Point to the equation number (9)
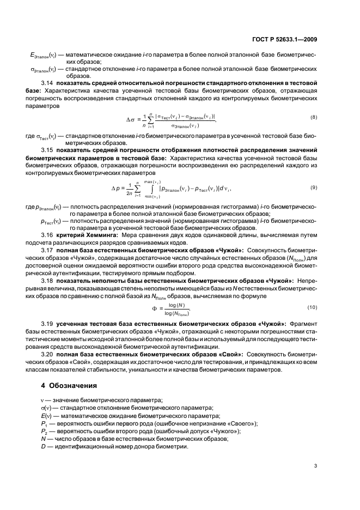[314, 187]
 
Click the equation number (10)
[313, 308]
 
